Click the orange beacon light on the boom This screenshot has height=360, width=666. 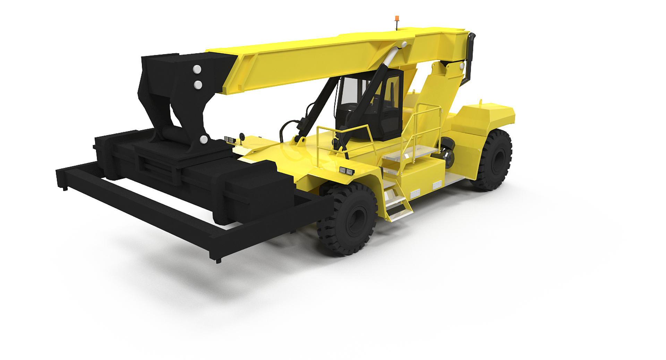point(397,18)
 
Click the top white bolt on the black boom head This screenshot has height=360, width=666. point(197,69)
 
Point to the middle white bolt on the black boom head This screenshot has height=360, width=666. point(198,84)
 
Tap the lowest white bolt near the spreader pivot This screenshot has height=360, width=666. point(204,140)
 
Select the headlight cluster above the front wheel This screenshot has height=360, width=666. point(347,171)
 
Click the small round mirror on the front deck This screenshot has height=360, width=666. point(242,136)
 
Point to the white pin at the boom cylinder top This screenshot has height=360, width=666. point(404,44)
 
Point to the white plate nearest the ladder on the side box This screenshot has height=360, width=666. point(415,194)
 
